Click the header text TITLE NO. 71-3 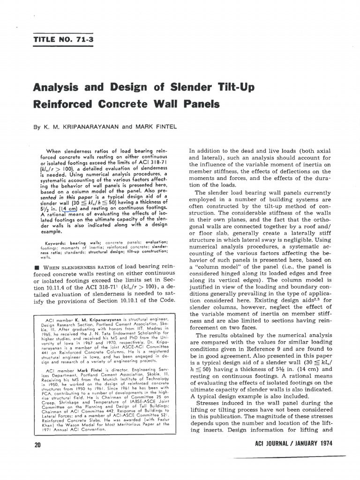point(64,39)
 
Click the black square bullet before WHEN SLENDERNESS point(36,267)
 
